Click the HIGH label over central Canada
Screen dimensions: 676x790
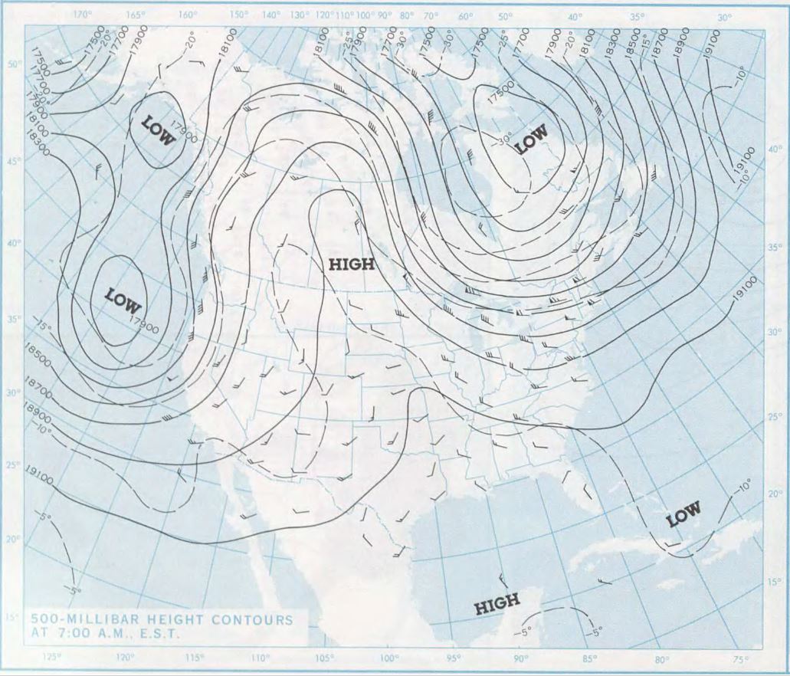click(x=352, y=265)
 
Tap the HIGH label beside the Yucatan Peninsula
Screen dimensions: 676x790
click(x=497, y=603)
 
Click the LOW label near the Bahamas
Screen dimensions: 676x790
click(x=683, y=516)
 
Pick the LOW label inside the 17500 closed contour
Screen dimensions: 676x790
click(x=531, y=139)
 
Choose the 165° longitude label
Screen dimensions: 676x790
click(x=135, y=15)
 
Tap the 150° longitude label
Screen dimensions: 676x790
click(x=240, y=15)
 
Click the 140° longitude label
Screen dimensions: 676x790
click(x=271, y=15)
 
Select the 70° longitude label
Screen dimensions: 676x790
click(x=431, y=15)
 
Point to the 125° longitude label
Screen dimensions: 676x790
click(x=53, y=657)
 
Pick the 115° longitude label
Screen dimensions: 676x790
click(x=195, y=657)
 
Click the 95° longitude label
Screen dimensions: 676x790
click(x=454, y=657)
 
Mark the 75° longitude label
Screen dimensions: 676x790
click(x=740, y=657)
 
